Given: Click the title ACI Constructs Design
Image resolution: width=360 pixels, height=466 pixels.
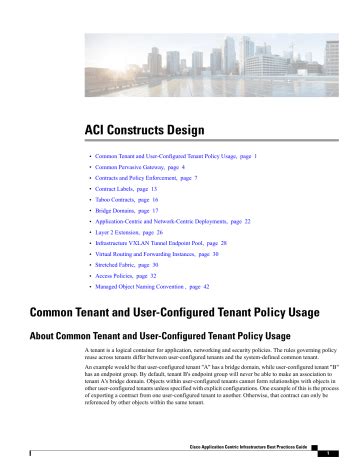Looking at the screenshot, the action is [x=144, y=129].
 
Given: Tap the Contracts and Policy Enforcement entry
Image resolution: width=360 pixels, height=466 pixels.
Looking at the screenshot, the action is [x=146, y=178].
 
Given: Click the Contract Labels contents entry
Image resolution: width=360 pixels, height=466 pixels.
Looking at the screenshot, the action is [x=126, y=189].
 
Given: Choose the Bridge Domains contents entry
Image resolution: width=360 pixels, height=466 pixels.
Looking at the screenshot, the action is [x=126, y=211].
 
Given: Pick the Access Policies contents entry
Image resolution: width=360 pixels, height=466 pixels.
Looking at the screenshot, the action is [x=126, y=275].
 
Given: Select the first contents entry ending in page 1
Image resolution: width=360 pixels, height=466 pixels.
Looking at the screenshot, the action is [x=176, y=156].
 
